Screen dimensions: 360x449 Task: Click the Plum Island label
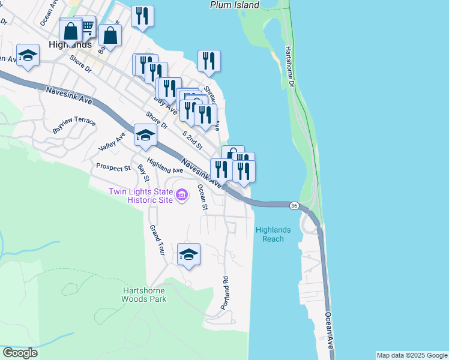click(235, 5)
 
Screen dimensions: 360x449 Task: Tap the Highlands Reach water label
click(273, 234)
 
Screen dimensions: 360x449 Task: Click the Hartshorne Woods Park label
click(143, 294)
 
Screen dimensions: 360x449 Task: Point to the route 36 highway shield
click(294, 206)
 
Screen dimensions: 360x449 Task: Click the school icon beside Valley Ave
click(145, 136)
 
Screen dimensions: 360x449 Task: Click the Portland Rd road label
click(224, 292)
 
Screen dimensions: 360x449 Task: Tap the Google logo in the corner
click(20, 353)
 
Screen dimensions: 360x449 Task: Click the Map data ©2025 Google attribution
click(411, 355)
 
